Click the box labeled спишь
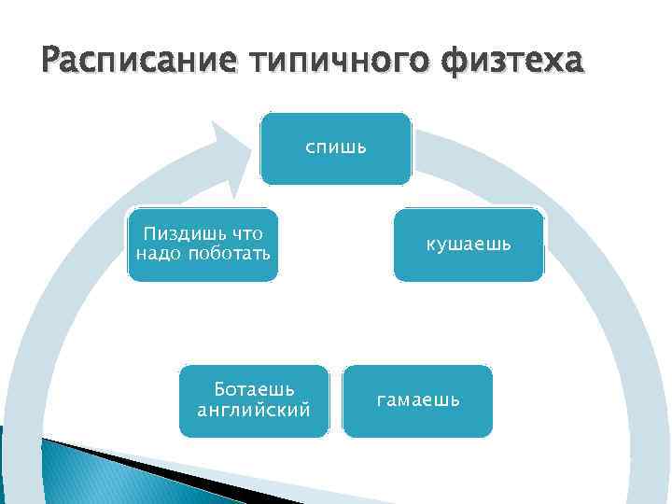335,148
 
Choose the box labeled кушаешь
468,245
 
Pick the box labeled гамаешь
417,400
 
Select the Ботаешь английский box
254,400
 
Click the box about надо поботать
203,245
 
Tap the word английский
254,409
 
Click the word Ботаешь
254,389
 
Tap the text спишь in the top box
335,147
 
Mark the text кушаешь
468,245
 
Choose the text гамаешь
417,400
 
